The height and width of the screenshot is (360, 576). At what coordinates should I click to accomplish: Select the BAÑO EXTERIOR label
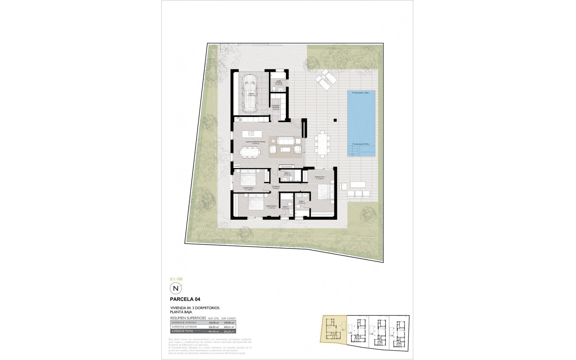[x=279, y=83]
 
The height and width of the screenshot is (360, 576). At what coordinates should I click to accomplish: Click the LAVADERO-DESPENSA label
[x=276, y=107]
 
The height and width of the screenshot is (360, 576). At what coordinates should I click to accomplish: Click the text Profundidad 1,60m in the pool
[x=360, y=93]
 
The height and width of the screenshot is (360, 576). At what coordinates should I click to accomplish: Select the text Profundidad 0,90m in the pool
[x=360, y=144]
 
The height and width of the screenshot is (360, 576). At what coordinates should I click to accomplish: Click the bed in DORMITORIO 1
[x=325, y=192]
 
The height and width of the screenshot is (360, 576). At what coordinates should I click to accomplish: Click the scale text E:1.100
[x=176, y=279]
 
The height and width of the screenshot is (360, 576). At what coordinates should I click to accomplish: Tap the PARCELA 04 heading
[x=185, y=299]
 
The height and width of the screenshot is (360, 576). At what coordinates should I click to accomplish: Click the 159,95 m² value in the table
[x=228, y=322]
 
